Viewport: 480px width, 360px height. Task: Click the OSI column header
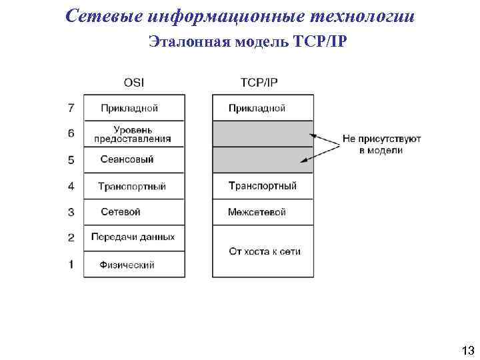[133, 83]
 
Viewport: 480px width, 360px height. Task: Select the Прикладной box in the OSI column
[133, 107]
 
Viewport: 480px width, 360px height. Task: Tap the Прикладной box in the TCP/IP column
[263, 107]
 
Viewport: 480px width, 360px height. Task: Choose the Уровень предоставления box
[133, 134]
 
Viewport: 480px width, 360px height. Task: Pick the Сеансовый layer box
[133, 160]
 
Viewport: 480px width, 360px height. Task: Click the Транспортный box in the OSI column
[133, 186]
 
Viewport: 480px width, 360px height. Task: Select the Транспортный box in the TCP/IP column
[263, 186]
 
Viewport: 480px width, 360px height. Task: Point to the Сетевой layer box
[133, 212]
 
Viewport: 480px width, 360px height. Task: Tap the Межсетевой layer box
[263, 212]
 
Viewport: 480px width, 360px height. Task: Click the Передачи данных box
[133, 238]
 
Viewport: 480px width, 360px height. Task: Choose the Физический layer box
[133, 265]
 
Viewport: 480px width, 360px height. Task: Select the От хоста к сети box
[263, 251]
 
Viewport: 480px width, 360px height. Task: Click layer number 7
[71, 107]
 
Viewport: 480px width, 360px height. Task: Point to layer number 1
[71, 265]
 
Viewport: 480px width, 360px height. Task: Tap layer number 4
[71, 186]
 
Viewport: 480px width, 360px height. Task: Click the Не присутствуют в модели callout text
[381, 145]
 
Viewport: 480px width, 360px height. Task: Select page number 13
[467, 350]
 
